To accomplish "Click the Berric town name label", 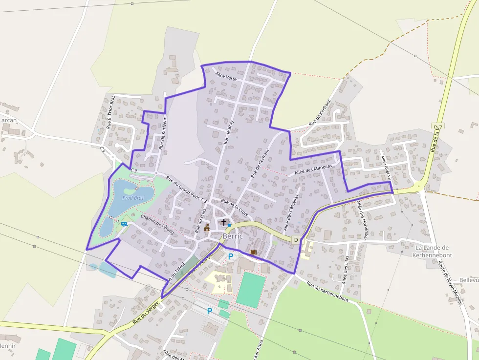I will point(232,236).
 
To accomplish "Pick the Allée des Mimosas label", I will point(313,169).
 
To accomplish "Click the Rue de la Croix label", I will point(235,208).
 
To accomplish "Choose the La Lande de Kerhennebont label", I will point(430,251).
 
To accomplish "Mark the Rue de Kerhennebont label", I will point(327,291).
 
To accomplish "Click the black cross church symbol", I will point(224,222).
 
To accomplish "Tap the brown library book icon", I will point(253,253).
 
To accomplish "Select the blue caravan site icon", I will point(124,224).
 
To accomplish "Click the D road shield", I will point(296,240).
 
